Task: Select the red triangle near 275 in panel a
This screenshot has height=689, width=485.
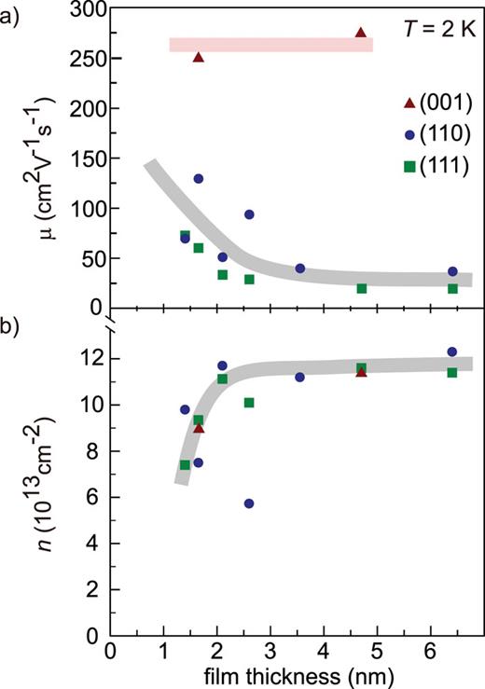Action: pyautogui.click(x=361, y=33)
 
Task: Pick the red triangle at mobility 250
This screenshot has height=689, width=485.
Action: pyautogui.click(x=199, y=58)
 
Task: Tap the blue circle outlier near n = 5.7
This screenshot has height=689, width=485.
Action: pyautogui.click(x=249, y=503)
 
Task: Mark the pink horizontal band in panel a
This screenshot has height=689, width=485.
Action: pyautogui.click(x=270, y=45)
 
